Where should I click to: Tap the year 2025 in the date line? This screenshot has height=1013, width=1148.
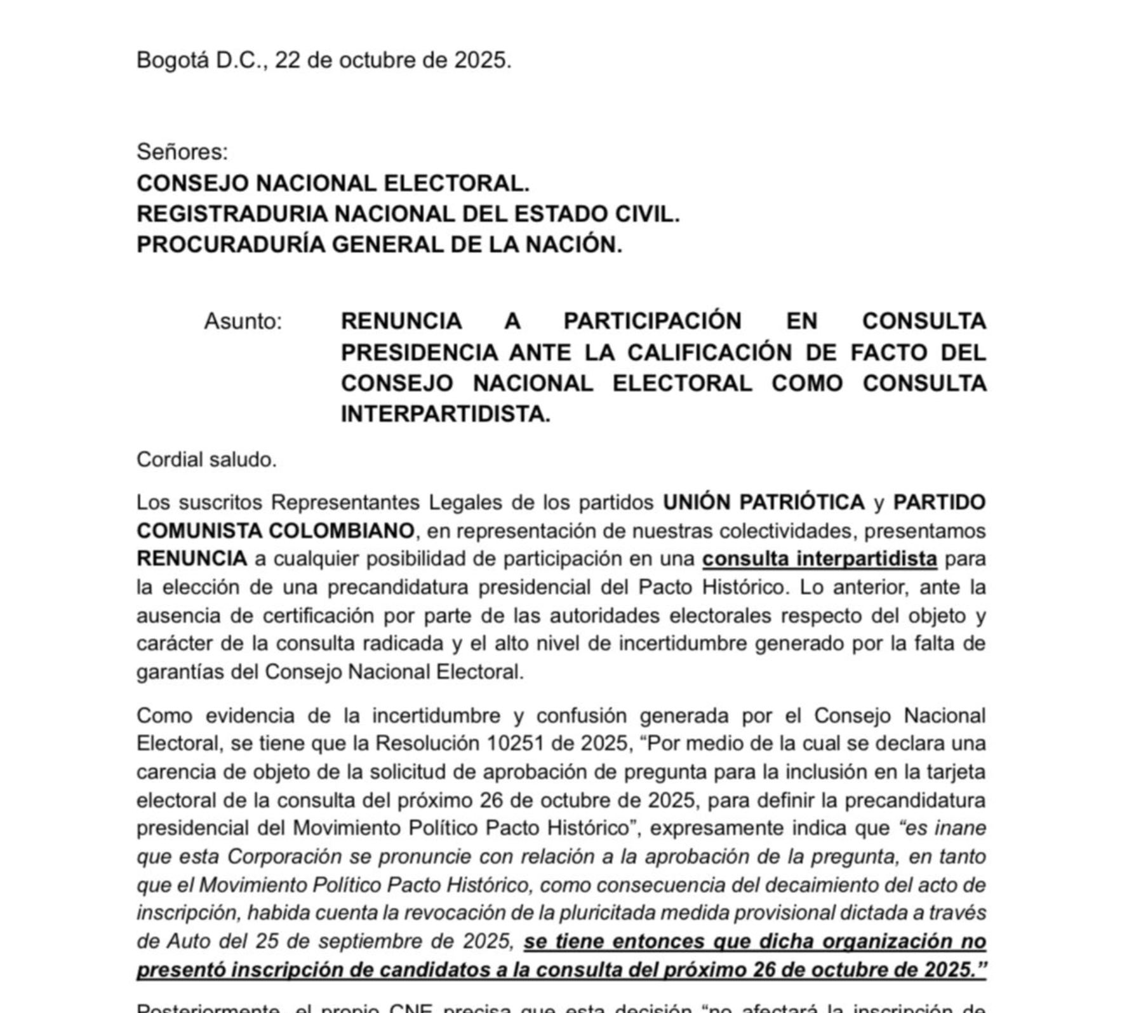click(482, 60)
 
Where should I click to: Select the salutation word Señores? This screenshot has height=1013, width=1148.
click(182, 152)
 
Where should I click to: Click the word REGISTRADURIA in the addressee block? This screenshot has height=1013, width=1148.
click(232, 214)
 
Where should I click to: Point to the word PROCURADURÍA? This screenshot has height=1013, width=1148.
click(230, 245)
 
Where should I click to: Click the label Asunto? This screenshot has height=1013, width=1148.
click(243, 322)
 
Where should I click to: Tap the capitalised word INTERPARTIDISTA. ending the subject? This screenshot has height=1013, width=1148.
click(445, 414)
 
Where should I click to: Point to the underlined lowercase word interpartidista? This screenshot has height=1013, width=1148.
click(867, 559)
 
